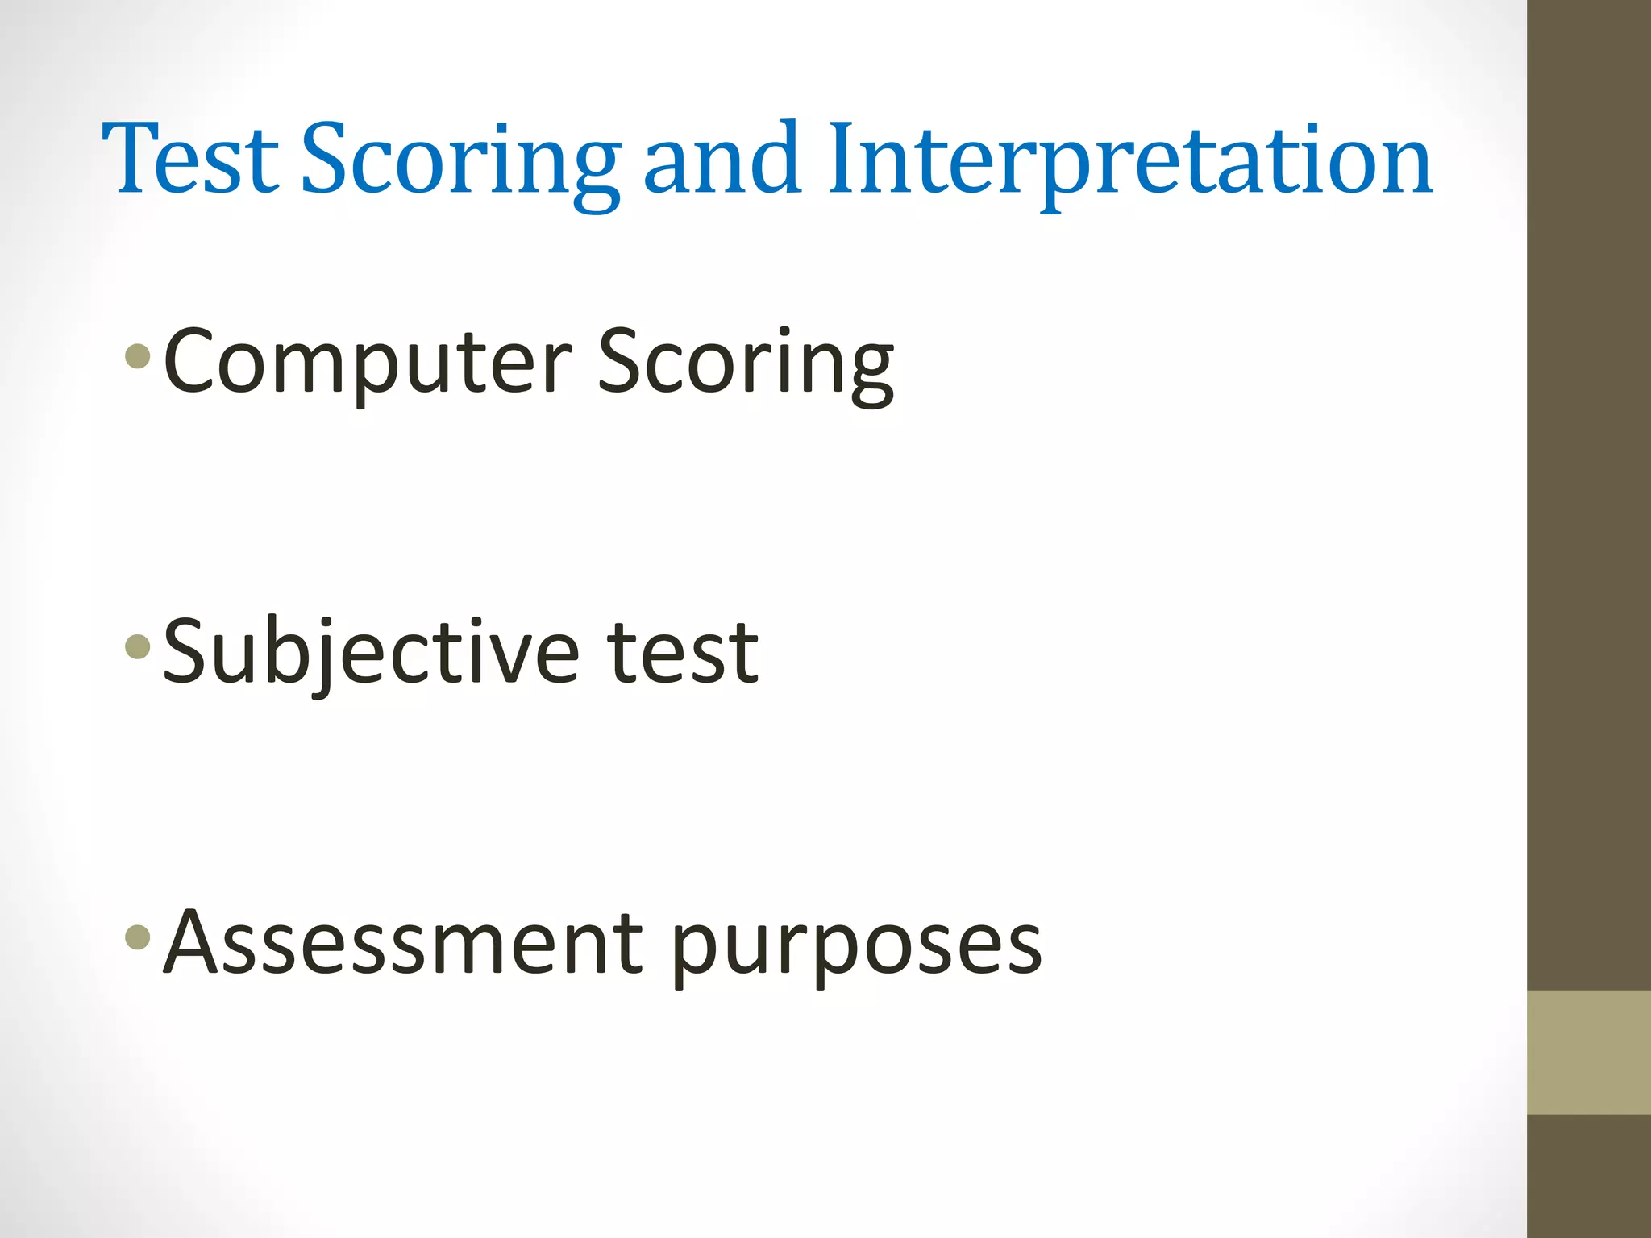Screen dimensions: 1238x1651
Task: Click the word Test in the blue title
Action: pyautogui.click(x=190, y=159)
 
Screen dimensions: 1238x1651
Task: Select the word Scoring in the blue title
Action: pyautogui.click(x=460, y=161)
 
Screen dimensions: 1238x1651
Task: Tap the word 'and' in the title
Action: pyautogui.click(x=722, y=159)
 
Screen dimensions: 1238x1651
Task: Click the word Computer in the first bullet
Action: pyautogui.click(x=367, y=363)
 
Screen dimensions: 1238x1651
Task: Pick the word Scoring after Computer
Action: pyautogui.click(x=746, y=363)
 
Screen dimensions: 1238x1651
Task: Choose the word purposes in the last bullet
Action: pyautogui.click(x=857, y=947)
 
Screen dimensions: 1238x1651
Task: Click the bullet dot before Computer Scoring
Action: pyautogui.click(x=138, y=355)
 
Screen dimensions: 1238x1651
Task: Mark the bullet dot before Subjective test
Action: pyautogui.click(x=138, y=646)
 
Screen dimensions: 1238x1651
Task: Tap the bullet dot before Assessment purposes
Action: pyautogui.click(x=138, y=936)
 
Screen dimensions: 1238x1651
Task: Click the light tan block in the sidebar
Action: pyautogui.click(x=1589, y=1052)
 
